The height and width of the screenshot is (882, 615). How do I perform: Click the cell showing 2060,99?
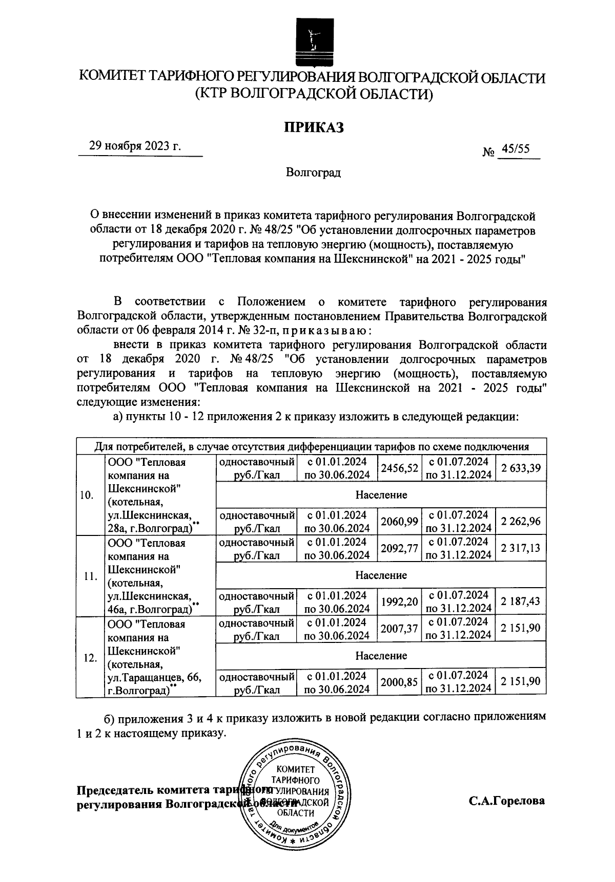pyautogui.click(x=399, y=522)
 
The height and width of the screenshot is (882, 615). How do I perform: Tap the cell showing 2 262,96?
pyautogui.click(x=521, y=522)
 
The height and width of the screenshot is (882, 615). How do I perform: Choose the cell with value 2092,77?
pyautogui.click(x=399, y=548)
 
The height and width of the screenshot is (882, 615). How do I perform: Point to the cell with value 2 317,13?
pyautogui.click(x=521, y=548)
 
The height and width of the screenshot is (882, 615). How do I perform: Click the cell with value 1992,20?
pyautogui.click(x=399, y=602)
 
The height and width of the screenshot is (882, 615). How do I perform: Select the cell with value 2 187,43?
pyautogui.click(x=521, y=602)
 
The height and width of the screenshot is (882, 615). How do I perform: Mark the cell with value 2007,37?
pyautogui.click(x=399, y=629)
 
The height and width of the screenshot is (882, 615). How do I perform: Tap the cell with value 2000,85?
pyautogui.click(x=399, y=682)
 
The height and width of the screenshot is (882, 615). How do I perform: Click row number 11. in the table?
pyautogui.click(x=90, y=576)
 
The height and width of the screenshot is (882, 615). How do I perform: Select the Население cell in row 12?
pyautogui.click(x=381, y=656)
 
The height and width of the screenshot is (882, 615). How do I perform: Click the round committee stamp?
pyautogui.click(x=298, y=799)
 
